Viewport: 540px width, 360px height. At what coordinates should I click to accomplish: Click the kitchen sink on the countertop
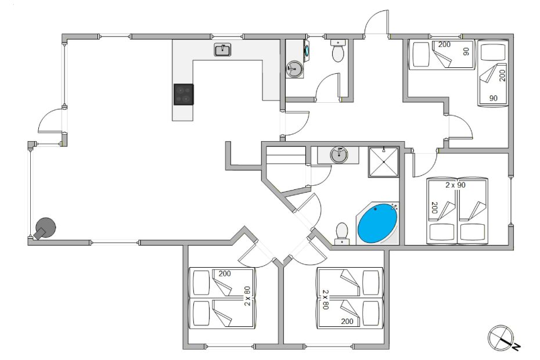click(x=222, y=49)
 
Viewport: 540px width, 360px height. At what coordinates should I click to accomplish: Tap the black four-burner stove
click(x=183, y=95)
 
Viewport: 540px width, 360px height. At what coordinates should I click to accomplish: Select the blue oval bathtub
click(x=377, y=223)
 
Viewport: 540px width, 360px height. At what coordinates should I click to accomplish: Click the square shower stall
click(x=383, y=162)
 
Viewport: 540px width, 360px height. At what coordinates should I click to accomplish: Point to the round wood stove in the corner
click(x=45, y=228)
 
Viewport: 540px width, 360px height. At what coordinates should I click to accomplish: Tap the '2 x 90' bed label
click(x=455, y=185)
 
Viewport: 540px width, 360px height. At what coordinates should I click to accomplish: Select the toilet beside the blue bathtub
click(x=341, y=233)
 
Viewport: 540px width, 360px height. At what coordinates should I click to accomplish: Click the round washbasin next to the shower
click(x=339, y=155)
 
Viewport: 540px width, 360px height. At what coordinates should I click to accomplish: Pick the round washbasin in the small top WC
click(x=294, y=69)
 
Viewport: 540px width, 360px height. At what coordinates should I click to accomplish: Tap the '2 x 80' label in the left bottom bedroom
click(x=247, y=296)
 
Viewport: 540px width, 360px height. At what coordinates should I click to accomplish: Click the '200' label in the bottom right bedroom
click(x=347, y=322)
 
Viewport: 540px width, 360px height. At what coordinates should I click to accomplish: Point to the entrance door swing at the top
click(x=376, y=21)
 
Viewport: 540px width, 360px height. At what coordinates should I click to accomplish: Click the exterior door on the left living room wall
click(x=52, y=121)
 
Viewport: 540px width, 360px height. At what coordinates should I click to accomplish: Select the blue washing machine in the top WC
click(x=306, y=49)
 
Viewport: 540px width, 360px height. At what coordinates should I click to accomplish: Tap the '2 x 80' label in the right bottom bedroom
click(x=325, y=300)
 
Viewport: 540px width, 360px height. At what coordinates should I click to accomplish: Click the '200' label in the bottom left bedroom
click(x=225, y=274)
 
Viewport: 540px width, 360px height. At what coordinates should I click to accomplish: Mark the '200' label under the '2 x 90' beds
click(x=434, y=208)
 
